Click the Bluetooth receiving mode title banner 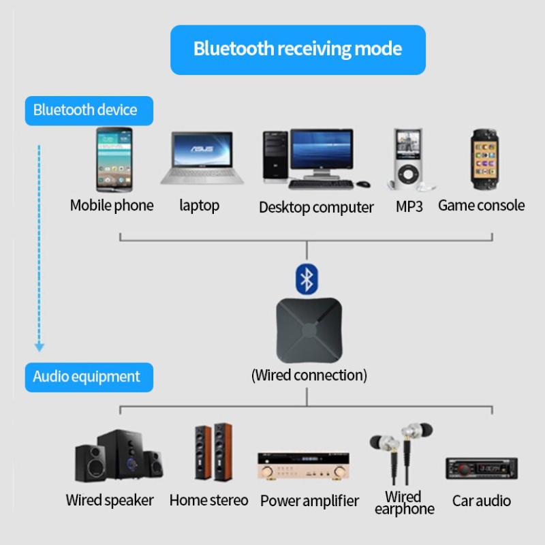click(298, 50)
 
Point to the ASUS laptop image click(203, 158)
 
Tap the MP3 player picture click(408, 159)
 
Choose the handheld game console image click(481, 160)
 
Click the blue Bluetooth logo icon click(307, 277)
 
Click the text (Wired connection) click(309, 375)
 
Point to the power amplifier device click(303, 466)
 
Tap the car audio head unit click(481, 469)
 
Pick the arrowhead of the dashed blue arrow click(40, 347)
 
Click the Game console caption click(481, 205)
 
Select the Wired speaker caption click(110, 500)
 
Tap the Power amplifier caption click(309, 501)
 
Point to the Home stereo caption click(208, 500)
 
